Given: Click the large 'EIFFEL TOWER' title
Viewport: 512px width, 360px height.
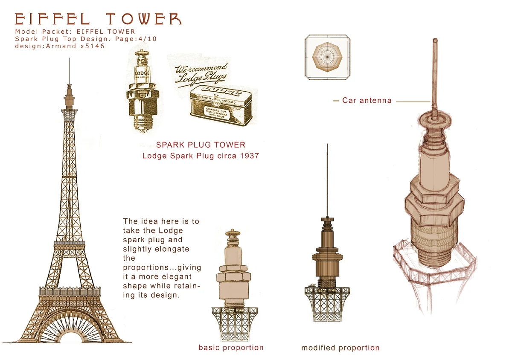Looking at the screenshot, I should coord(98,19).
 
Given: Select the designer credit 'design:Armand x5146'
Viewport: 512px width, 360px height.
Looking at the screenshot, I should coord(60,46).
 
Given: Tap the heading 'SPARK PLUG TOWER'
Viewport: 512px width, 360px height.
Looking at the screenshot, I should coord(201,145).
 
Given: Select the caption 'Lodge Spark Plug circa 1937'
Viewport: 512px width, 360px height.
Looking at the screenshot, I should coord(201,156).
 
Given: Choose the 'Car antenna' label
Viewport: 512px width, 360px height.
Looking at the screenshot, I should coord(367,101).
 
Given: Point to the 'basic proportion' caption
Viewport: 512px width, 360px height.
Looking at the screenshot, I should coord(231,348).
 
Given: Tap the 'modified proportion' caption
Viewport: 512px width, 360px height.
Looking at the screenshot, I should coord(340,348).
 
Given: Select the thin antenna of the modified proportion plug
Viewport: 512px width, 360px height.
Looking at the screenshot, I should coord(327,179).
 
